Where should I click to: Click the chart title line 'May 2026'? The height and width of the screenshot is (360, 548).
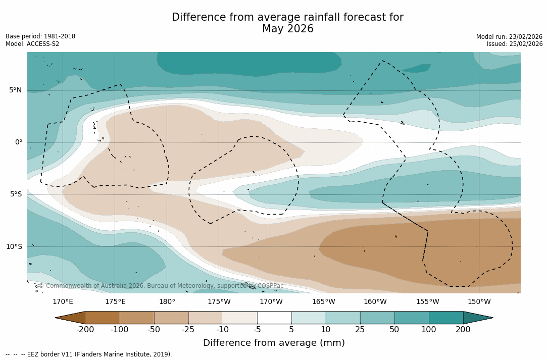(287, 29)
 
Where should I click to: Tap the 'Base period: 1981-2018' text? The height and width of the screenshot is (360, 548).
(40, 36)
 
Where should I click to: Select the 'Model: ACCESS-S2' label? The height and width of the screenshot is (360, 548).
(32, 44)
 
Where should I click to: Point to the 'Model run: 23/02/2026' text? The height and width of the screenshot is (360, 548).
(509, 37)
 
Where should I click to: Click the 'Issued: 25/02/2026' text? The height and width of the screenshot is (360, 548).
(515, 44)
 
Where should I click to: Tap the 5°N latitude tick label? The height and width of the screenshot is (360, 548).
(16, 90)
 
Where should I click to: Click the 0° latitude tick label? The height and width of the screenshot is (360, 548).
(19, 142)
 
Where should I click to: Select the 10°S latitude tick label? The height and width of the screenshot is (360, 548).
(14, 247)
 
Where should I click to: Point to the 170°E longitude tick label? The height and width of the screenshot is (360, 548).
(63, 302)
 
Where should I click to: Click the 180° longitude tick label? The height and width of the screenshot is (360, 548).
(167, 302)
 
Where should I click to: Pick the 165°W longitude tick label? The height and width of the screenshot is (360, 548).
(323, 302)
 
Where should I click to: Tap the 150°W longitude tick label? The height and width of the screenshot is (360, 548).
(479, 302)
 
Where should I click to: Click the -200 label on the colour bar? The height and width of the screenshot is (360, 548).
(85, 330)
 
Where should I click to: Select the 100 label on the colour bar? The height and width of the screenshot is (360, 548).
(429, 330)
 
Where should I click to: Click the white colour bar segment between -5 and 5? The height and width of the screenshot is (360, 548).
(274, 318)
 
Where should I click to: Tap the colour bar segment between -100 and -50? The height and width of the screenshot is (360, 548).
(137, 318)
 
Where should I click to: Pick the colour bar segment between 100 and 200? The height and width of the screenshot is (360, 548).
(446, 318)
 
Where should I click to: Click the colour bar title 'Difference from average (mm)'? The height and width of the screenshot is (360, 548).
(274, 343)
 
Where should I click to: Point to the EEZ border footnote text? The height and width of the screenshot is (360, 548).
(88, 354)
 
